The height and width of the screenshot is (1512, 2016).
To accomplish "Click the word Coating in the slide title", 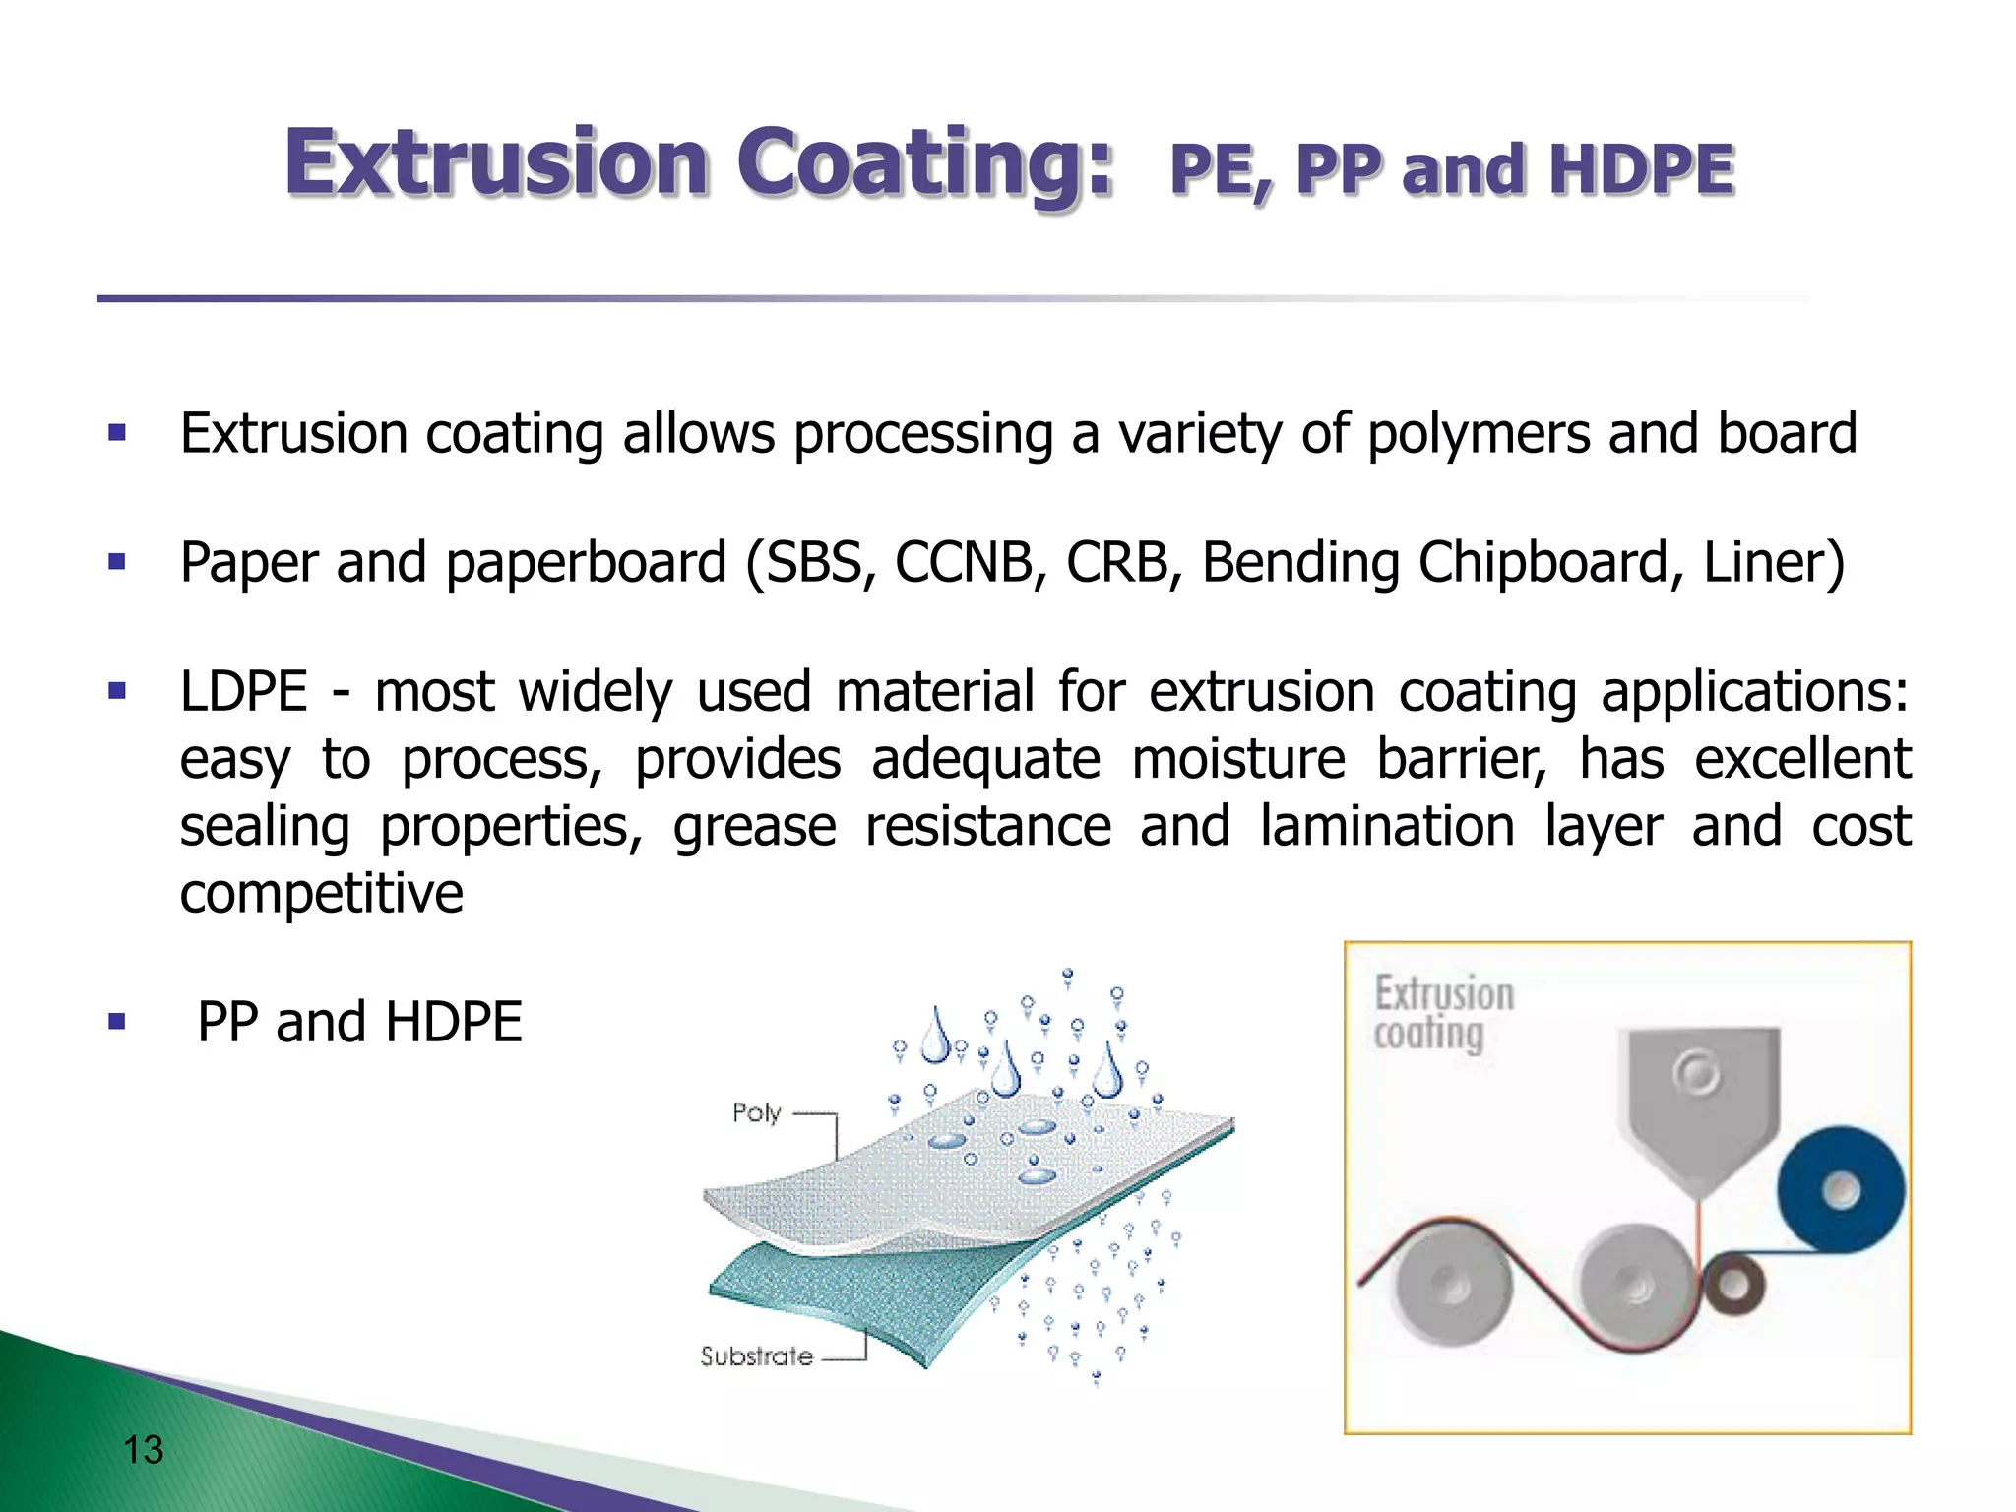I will (923, 163).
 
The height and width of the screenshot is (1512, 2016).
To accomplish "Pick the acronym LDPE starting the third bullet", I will (243, 691).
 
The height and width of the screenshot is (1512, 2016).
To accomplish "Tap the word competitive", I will (321, 894).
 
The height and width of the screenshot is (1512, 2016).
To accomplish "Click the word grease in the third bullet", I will (755, 826).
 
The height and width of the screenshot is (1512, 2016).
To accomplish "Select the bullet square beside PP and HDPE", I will (117, 1022).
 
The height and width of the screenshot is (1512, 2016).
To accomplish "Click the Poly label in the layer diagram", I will (756, 1113).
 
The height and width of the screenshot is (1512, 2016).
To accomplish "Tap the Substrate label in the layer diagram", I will (756, 1356).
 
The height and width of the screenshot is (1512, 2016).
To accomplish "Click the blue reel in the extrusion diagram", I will (1840, 1191).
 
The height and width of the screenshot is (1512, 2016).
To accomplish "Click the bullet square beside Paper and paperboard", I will (117, 563).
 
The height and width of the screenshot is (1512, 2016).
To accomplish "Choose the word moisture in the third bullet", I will (1237, 760).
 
